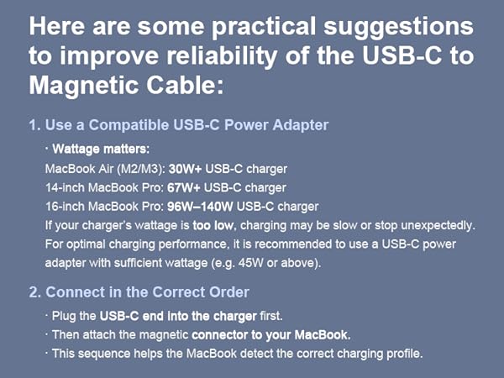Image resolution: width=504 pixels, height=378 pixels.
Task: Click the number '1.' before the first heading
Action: (34, 125)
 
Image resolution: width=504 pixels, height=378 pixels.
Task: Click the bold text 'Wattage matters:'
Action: (100, 150)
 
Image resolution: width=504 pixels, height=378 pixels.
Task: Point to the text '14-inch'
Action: (65, 187)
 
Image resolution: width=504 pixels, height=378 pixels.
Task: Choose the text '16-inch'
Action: (65, 207)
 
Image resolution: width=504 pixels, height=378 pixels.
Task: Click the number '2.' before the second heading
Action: (34, 293)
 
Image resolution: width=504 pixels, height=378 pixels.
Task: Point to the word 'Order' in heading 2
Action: (229, 293)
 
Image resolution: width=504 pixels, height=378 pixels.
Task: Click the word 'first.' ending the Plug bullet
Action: (272, 317)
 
